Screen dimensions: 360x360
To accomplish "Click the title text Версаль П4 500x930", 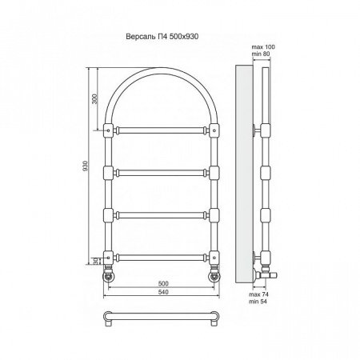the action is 162,37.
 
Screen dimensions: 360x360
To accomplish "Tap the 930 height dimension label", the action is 85,166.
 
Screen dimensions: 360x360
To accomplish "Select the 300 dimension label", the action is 95,98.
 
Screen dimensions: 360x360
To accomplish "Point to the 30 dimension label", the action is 95,261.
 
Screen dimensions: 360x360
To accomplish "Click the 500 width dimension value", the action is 163,283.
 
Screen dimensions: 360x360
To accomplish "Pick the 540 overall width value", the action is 163,292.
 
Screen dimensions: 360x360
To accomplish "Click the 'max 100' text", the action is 263,47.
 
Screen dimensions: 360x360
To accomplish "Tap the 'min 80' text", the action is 261,54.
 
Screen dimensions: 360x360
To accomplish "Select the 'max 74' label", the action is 258,294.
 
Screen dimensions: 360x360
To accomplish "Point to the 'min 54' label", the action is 258,302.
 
